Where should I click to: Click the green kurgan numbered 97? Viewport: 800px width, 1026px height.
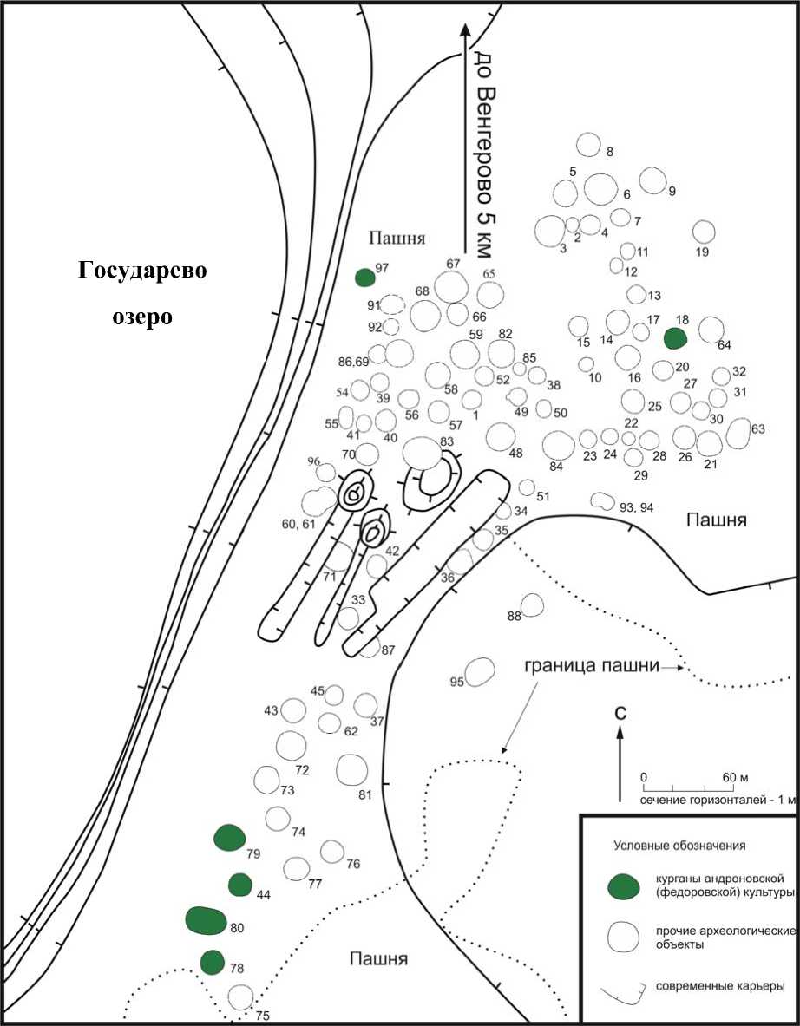pos(365,278)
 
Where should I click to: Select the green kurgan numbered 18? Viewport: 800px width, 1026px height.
pos(675,338)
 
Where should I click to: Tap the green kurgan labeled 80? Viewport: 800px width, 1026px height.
pos(206,920)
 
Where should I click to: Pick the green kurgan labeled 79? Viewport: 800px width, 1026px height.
pos(228,838)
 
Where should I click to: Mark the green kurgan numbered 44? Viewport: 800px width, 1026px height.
pos(240,885)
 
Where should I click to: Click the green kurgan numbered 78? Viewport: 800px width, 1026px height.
pos(212,962)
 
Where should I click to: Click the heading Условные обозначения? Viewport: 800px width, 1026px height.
pos(679,844)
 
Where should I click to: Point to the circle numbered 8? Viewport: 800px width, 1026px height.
pos(589,144)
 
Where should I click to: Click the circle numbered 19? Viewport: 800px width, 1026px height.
pos(704,232)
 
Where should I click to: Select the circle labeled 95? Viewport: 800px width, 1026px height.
pos(480,671)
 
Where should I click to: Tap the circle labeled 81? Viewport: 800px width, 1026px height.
pos(351,769)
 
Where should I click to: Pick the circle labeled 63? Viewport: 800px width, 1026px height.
pos(738,433)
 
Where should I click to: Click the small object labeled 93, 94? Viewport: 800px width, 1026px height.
pos(599,500)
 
